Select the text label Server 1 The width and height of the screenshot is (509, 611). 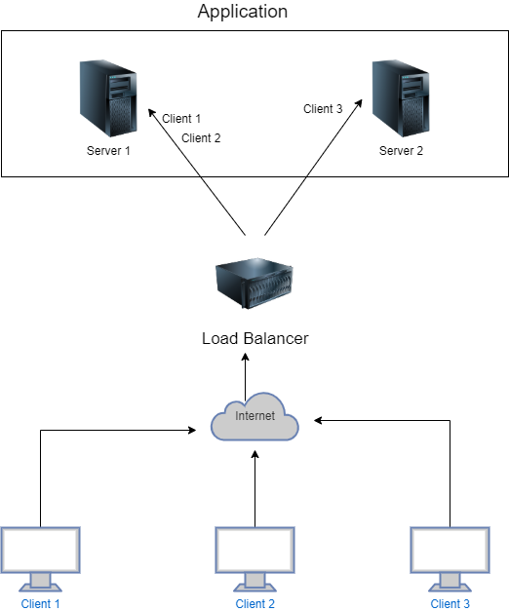(108, 151)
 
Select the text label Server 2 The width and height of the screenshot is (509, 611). (401, 151)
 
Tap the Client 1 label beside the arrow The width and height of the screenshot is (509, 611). (181, 119)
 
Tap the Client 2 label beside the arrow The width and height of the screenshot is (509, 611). (201, 138)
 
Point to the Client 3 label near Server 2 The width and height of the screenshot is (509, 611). (323, 109)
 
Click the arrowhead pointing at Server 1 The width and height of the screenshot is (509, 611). (151, 112)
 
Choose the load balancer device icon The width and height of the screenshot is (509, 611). (254, 283)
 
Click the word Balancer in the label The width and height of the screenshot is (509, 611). (274, 339)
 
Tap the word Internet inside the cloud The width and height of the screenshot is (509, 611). (254, 416)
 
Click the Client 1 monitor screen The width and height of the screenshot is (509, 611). (40, 551)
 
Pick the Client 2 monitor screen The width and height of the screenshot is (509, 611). (254, 551)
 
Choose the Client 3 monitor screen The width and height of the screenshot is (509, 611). (450, 551)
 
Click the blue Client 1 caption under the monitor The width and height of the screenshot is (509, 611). (40, 604)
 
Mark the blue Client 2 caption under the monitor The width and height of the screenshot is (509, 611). (254, 604)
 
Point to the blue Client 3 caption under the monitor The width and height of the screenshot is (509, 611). (450, 604)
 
